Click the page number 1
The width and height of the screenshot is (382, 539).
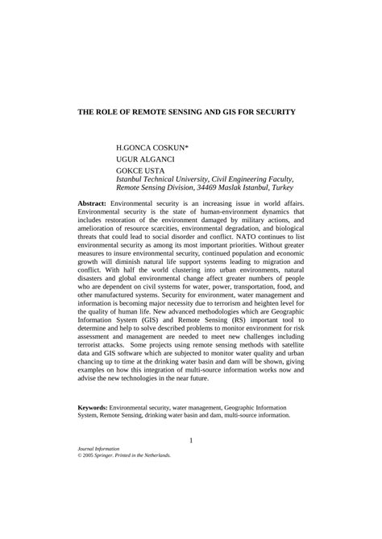(x=191, y=463)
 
